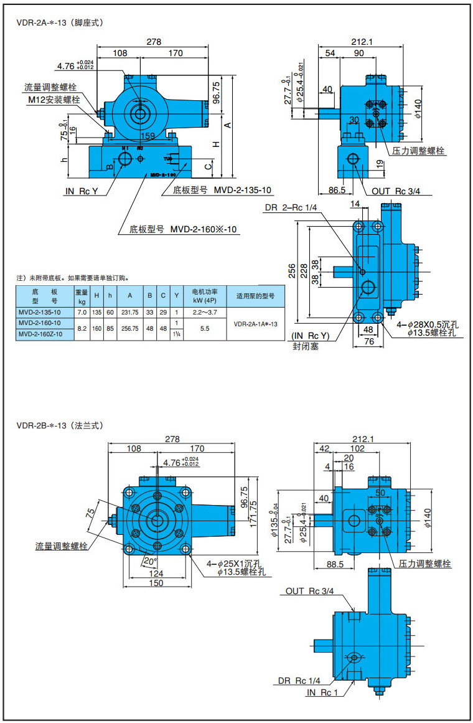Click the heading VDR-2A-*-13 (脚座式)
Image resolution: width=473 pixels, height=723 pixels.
(x=59, y=23)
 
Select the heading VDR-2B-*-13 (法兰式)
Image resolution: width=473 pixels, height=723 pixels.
(x=59, y=426)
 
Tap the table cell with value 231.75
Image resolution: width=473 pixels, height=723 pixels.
(x=129, y=312)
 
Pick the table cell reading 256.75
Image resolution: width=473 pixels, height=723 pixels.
(x=129, y=328)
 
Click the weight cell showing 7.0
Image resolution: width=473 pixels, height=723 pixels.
(x=82, y=312)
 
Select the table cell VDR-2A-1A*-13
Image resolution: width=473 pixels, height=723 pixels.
(x=255, y=324)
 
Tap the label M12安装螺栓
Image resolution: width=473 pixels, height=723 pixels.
(x=54, y=100)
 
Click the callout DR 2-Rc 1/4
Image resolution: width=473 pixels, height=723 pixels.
(x=291, y=207)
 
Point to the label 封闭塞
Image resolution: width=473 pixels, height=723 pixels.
(x=306, y=346)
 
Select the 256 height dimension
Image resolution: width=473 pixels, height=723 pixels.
(x=292, y=270)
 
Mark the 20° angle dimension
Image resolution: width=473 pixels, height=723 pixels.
(x=150, y=560)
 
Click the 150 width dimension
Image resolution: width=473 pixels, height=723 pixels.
(x=157, y=583)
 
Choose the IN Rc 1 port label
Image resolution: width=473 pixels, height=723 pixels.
(x=322, y=692)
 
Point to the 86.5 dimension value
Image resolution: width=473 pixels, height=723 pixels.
(x=337, y=190)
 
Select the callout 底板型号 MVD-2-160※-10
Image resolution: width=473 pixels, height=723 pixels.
(x=184, y=229)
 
